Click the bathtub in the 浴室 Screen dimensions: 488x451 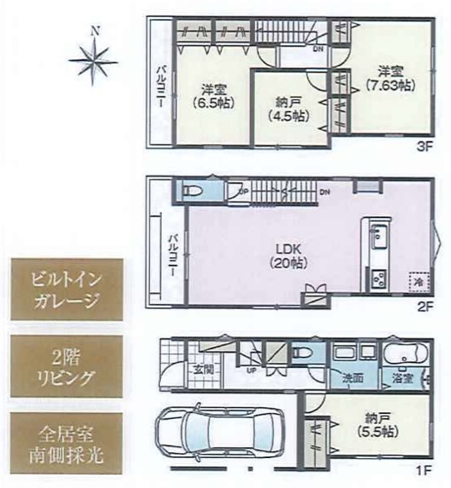pos(408,357)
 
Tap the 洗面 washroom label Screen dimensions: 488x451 pos(353,378)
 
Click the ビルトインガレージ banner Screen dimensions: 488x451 pos(66,290)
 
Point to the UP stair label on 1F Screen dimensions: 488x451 pos(251,370)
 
